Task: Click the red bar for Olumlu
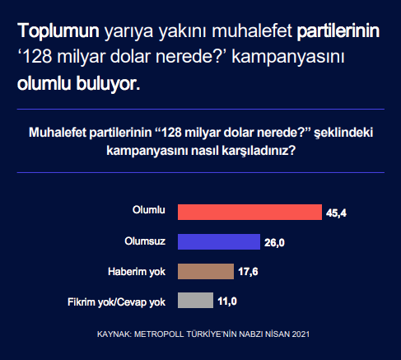pos(249,212)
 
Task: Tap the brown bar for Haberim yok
pos(206,271)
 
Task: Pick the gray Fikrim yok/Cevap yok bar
pos(195,302)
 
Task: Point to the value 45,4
pos(336,213)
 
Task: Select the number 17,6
pos(249,272)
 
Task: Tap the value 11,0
pos(227,302)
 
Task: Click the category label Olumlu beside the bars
pos(149,211)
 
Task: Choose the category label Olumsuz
pos(145,241)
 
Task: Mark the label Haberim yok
pos(138,271)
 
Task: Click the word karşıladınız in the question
pos(250,152)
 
